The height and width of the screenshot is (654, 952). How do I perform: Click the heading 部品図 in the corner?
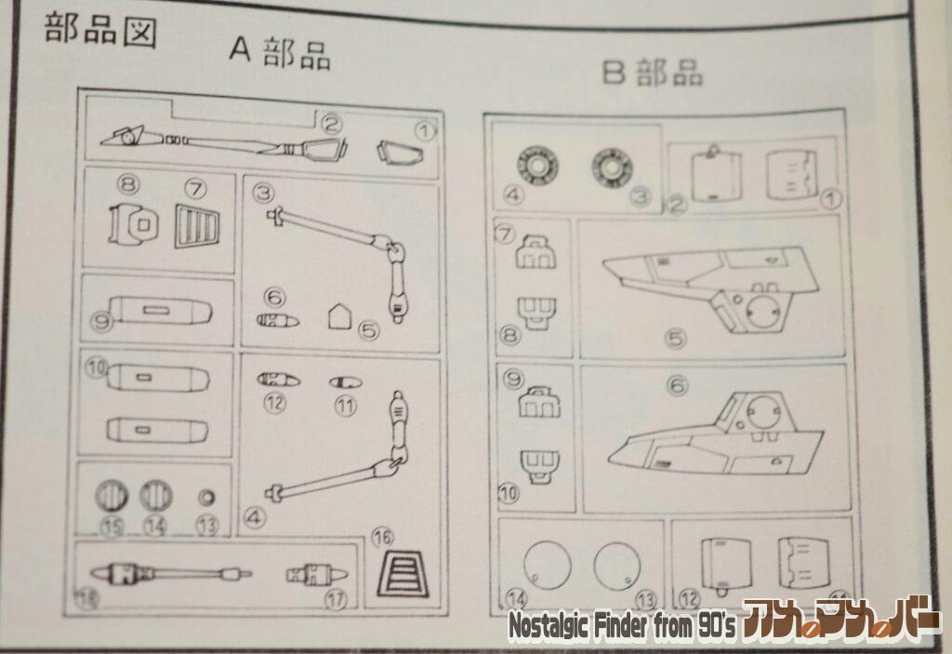(x=100, y=30)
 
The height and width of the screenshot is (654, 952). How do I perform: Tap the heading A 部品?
(x=280, y=53)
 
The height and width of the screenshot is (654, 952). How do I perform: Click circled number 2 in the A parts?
(x=331, y=122)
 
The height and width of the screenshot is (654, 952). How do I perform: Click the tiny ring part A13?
(x=206, y=496)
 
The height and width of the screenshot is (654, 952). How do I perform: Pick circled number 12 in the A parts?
(x=273, y=403)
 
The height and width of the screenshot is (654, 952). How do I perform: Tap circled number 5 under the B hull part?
(x=675, y=338)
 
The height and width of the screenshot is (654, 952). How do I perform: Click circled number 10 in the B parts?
(x=509, y=493)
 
